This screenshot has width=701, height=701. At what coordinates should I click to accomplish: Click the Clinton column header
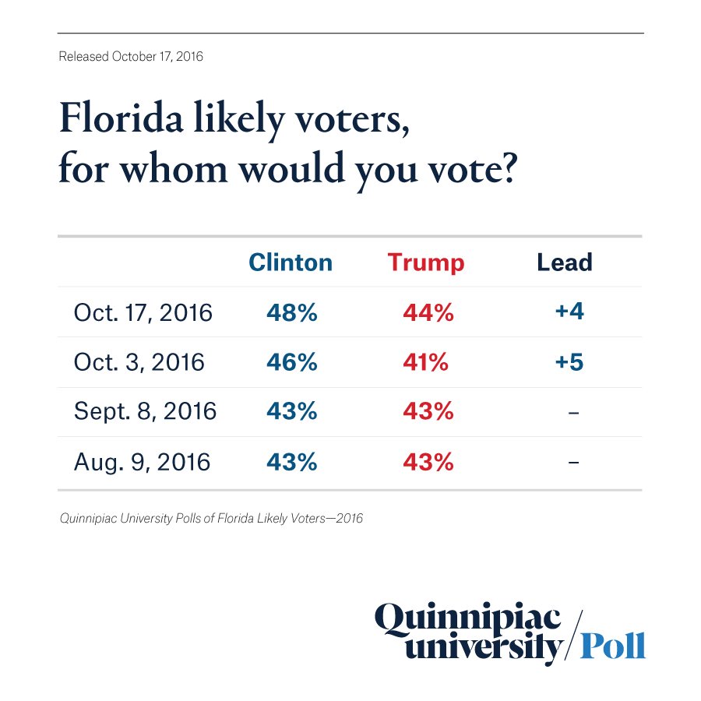point(291,262)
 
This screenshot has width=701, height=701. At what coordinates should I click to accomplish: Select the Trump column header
point(426,262)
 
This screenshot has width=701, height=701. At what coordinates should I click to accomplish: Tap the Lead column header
point(565,262)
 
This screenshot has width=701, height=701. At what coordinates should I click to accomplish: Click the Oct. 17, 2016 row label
point(143,313)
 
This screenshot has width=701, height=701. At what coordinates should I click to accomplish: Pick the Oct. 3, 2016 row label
point(139,362)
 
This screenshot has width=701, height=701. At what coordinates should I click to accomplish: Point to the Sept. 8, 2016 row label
point(145,412)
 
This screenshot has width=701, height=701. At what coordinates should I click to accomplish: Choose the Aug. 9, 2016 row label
point(142,462)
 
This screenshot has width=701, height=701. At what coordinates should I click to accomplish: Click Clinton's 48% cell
point(292,313)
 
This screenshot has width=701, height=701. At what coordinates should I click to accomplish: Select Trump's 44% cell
point(428,313)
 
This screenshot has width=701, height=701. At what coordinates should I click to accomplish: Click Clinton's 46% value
point(292,362)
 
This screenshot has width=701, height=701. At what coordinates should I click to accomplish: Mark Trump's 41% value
point(425,362)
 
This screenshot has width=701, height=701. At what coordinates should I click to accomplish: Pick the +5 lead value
point(569,362)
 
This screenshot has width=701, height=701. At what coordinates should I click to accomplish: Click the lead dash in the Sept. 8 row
point(573,413)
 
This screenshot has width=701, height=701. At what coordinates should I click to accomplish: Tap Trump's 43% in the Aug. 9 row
point(428,462)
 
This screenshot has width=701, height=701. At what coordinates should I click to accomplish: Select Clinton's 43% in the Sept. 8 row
point(292,412)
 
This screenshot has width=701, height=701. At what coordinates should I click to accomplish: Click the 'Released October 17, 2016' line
point(131,57)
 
